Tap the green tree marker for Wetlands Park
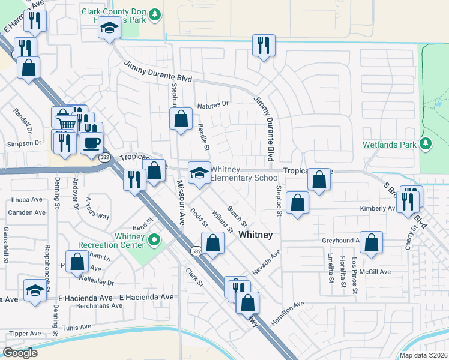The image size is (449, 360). tap(426, 143)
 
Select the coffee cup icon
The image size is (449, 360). tap(92, 143)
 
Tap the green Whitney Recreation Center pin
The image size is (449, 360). tap(154, 241)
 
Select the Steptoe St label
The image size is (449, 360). tap(279, 197)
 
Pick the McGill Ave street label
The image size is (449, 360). tap(376, 272)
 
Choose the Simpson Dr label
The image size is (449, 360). tap(23, 143)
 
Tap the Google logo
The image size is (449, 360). tap(20, 353)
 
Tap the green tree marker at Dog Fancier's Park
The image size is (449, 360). tap(155, 13)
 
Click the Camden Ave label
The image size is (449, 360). tap(28, 212)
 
